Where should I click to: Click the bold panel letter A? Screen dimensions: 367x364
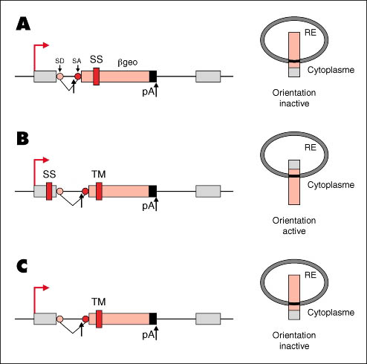(x=23, y=25)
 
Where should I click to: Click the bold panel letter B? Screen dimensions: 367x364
(x=23, y=138)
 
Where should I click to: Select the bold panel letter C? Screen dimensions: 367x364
(x=22, y=266)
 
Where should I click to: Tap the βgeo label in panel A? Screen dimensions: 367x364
(x=128, y=62)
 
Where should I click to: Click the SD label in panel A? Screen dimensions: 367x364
(x=59, y=61)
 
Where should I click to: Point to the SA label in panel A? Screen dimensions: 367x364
(x=77, y=61)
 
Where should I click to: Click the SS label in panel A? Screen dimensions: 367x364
(x=97, y=59)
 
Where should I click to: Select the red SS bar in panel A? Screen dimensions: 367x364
(x=97, y=77)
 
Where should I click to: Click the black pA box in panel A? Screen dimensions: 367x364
(x=153, y=77)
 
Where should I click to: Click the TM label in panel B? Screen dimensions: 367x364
(x=99, y=175)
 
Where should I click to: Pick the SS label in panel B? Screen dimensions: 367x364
(x=49, y=175)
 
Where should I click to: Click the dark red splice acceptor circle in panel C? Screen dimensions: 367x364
(x=85, y=319)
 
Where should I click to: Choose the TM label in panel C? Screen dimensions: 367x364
(x=99, y=302)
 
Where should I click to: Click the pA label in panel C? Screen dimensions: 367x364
(x=149, y=335)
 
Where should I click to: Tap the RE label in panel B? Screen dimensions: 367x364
(x=311, y=148)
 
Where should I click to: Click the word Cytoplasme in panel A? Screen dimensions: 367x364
(x=331, y=70)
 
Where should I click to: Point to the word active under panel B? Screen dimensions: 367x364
(x=294, y=231)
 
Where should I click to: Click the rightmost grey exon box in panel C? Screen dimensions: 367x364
(x=208, y=319)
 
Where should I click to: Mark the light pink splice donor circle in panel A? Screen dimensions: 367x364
(x=60, y=77)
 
